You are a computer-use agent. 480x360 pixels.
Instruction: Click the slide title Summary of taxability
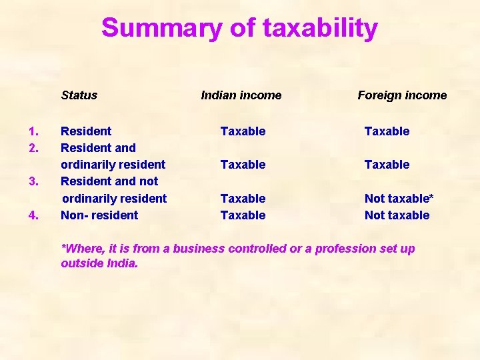pyautogui.click(x=239, y=29)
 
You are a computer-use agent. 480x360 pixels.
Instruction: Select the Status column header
pyautogui.click(x=79, y=95)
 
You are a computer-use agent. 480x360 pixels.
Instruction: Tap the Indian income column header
pyautogui.click(x=241, y=95)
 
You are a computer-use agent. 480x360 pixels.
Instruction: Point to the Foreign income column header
pyautogui.click(x=402, y=95)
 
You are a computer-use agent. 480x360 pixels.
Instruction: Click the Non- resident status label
pyautogui.click(x=99, y=215)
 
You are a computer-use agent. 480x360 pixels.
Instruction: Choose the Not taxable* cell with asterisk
pyautogui.click(x=399, y=199)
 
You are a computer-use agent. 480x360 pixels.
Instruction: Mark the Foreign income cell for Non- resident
pyautogui.click(x=397, y=215)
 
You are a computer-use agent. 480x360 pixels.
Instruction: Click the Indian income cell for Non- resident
pyautogui.click(x=243, y=215)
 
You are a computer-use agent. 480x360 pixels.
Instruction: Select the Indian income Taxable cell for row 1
pyautogui.click(x=243, y=131)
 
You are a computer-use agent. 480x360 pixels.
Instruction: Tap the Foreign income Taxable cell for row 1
pyautogui.click(x=387, y=131)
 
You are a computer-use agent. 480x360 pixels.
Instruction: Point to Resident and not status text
pyautogui.click(x=109, y=181)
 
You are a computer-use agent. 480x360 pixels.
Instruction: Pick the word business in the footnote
pyautogui.click(x=198, y=249)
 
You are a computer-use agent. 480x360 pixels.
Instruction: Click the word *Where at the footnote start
pyautogui.click(x=79, y=249)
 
